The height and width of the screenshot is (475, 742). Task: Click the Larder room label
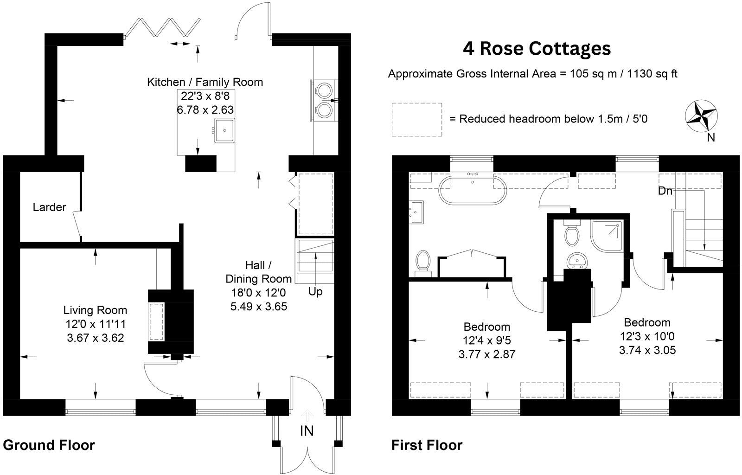pos(49,207)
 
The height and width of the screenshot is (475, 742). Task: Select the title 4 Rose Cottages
pos(537,49)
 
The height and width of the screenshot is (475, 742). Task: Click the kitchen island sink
pos(224,130)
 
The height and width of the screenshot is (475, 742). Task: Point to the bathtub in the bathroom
pos(473,189)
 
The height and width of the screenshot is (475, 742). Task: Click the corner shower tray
pos(607,236)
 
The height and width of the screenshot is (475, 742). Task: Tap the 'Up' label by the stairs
pos(315,292)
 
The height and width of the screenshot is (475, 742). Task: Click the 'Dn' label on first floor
pos(665,191)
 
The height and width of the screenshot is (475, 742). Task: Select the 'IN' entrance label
pos(307,431)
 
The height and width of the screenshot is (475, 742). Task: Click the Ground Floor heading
pos(49,445)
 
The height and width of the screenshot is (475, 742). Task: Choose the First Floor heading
pos(427,445)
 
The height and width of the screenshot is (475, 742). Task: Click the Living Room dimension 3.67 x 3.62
pos(96,338)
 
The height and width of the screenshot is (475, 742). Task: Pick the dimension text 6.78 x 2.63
pos(205,109)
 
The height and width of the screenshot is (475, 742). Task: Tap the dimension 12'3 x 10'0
pos(647,336)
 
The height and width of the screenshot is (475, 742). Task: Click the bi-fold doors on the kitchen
pos(162,27)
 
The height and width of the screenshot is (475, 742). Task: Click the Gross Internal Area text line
pos(533,74)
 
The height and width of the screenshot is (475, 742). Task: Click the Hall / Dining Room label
pos(259,272)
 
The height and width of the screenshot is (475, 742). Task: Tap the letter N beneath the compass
pos(711,137)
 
